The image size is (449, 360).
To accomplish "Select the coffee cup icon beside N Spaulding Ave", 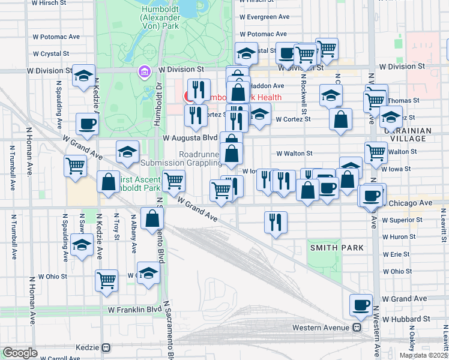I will (x=87, y=124).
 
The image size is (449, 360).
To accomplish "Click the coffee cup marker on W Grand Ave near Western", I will (x=361, y=305).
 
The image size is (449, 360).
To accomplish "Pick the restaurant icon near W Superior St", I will (x=276, y=222).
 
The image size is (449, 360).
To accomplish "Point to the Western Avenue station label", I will (x=321, y=328).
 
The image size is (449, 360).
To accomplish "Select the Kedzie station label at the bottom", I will (x=89, y=347).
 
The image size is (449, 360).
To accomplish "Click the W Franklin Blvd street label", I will (x=134, y=310).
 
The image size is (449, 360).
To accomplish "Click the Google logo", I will (x=20, y=353).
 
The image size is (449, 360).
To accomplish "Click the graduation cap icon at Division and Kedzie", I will (x=84, y=76).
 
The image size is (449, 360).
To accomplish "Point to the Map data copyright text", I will (x=424, y=355).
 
